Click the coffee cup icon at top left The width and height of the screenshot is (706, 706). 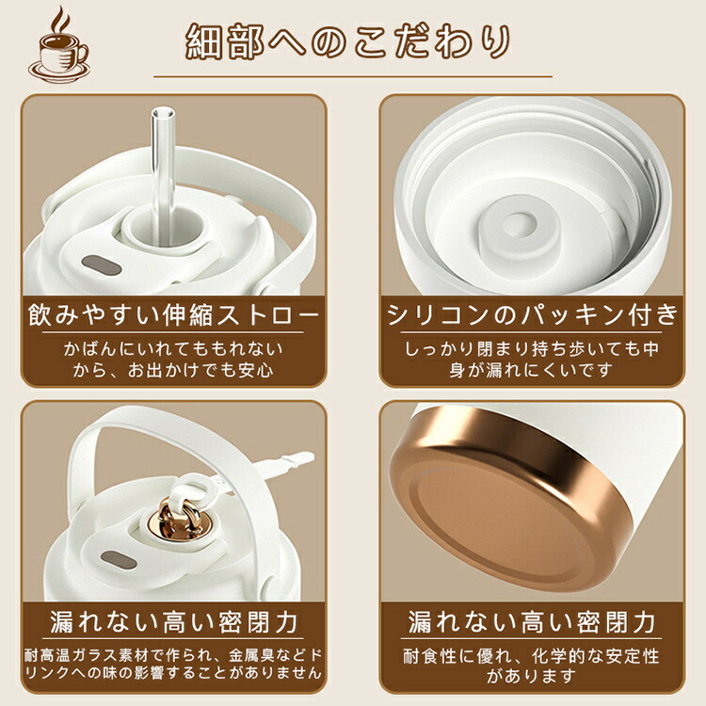[58, 47]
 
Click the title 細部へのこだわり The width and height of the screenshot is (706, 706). [348, 41]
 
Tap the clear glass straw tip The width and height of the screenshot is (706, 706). [163, 113]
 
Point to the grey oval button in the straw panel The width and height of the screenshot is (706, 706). [102, 265]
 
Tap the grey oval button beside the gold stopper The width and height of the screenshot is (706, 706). [119, 560]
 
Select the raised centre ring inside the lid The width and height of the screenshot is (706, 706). [519, 224]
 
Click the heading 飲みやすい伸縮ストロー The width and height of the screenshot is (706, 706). [173, 313]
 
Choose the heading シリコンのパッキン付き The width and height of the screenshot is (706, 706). [532, 313]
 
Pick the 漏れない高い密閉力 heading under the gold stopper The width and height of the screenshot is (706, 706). [173, 622]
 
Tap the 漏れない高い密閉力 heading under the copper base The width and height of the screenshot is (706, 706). [532, 622]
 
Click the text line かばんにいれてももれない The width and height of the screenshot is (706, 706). [173, 348]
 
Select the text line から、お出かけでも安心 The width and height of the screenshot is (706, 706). [173, 370]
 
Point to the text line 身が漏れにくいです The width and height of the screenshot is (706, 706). [532, 370]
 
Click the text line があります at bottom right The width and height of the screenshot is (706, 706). [532, 675]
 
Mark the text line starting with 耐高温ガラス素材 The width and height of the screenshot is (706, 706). [173, 655]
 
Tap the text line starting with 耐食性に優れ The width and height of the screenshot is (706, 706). [532, 656]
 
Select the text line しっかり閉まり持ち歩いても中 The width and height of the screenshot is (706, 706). [532, 348]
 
